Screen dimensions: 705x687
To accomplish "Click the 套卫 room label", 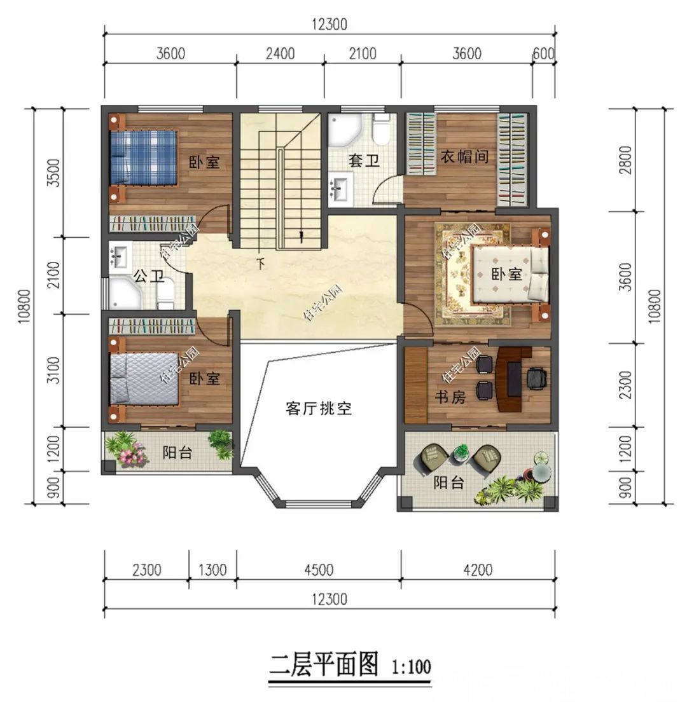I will (x=364, y=161).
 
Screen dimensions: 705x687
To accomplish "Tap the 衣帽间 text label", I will (x=466, y=156).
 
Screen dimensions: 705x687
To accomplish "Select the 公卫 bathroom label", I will (x=149, y=276).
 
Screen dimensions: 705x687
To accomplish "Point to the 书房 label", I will (x=450, y=397).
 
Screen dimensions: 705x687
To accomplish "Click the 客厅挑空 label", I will (x=318, y=408).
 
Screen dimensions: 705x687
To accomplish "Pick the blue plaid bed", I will (x=143, y=157).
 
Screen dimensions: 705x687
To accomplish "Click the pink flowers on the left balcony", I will (x=132, y=454).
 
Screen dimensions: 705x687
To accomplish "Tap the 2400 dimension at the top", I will (x=280, y=53).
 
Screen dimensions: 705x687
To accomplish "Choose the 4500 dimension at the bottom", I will (x=318, y=570).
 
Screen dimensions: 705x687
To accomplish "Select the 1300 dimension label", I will (x=212, y=570).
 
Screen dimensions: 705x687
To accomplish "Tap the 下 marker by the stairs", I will (x=260, y=263).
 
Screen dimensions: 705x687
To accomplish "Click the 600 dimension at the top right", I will (x=543, y=53).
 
